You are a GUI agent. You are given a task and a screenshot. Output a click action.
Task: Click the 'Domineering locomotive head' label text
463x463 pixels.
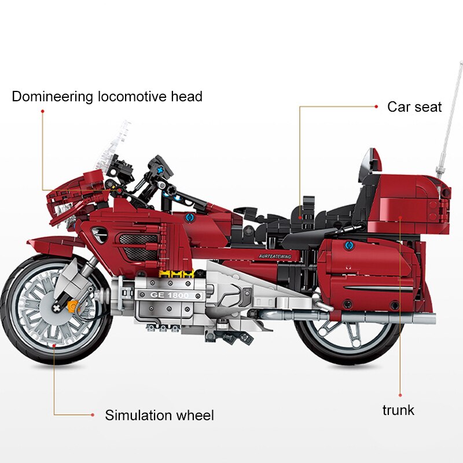tap(107, 96)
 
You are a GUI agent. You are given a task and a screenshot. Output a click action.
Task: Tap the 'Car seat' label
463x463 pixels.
tap(414, 107)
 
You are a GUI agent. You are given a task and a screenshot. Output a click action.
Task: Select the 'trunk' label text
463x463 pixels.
tap(398, 410)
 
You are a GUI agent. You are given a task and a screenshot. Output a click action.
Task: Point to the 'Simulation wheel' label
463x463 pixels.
tap(159, 415)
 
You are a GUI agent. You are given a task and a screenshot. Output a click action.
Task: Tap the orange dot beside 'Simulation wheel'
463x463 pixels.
tap(92, 414)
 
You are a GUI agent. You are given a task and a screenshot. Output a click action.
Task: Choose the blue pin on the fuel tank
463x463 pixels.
tap(189, 218)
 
